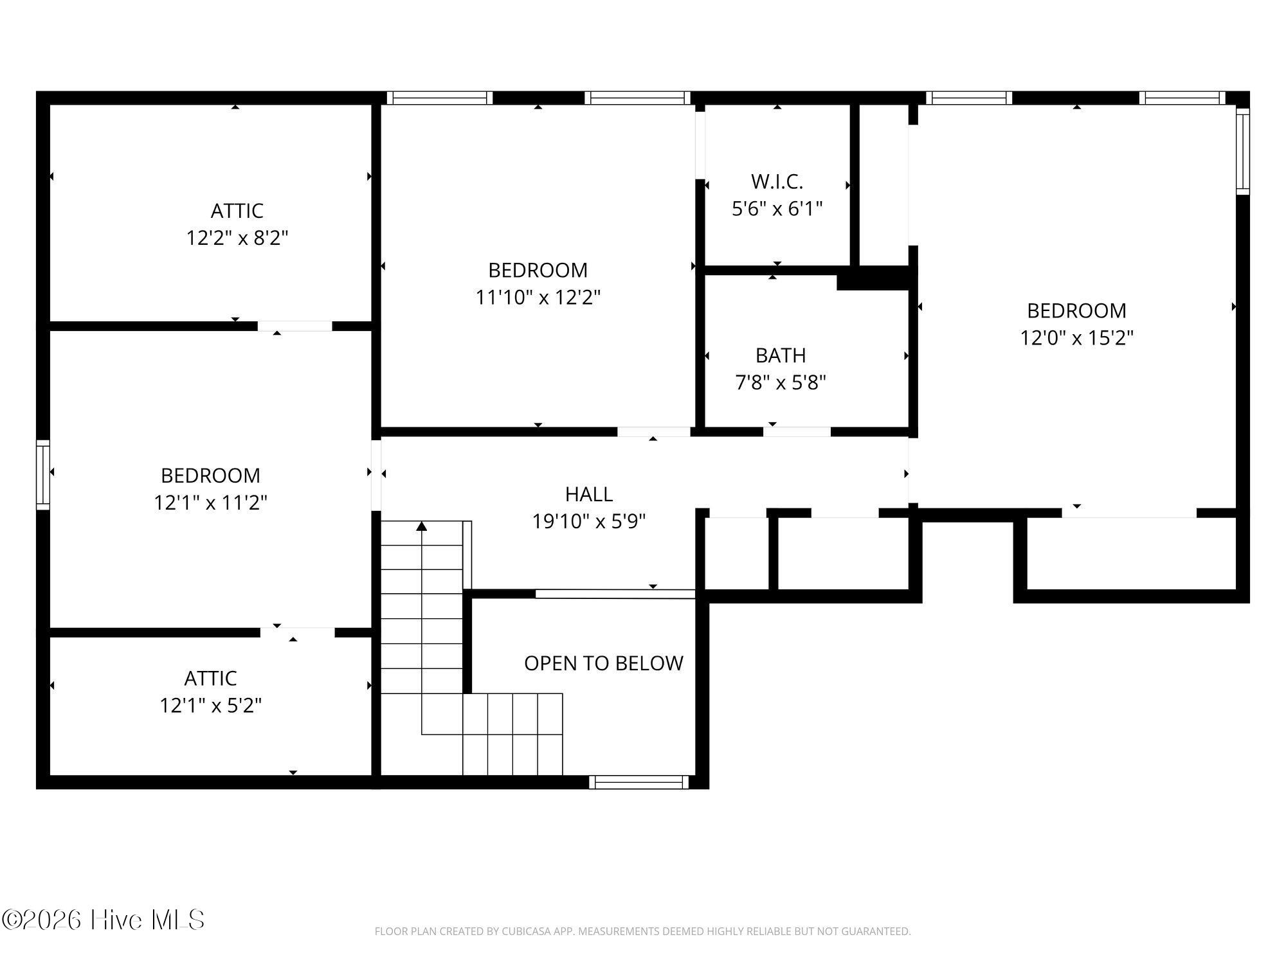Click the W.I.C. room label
(777, 182)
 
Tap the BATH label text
(781, 355)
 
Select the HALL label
(588, 494)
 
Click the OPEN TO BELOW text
(603, 663)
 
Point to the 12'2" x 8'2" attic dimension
(237, 238)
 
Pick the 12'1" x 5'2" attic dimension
(210, 706)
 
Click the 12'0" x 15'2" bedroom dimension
(1076, 337)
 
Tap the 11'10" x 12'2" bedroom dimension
(538, 297)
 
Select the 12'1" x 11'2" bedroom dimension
(210, 502)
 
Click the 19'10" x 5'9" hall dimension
(588, 521)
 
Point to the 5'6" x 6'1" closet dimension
(777, 209)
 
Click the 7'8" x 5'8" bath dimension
(781, 382)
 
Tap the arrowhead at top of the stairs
(421, 526)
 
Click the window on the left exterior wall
(42, 475)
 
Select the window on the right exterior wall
(1243, 152)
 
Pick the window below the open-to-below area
(639, 782)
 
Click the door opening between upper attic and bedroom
(295, 326)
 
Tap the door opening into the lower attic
(298, 632)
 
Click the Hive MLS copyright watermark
(103, 920)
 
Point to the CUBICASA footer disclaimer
(643, 931)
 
